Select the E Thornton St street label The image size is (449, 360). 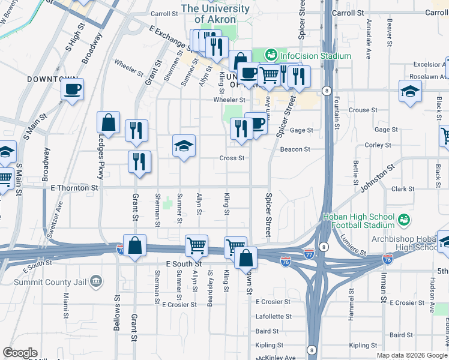click(70, 188)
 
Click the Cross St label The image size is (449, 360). click(232, 158)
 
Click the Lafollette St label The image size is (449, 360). click(273, 316)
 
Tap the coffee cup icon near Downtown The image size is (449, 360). click(72, 90)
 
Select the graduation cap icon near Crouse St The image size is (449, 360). click(410, 91)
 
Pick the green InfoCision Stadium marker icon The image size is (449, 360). click(271, 55)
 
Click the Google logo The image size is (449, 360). click(20, 353)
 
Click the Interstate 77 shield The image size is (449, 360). click(309, 254)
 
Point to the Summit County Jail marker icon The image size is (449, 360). click(95, 281)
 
